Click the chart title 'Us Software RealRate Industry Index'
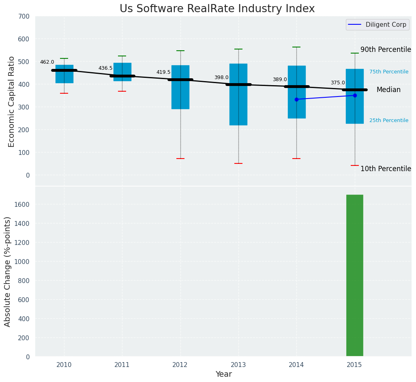pos(217,9)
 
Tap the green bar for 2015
pos(354,276)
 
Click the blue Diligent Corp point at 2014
pos(296,99)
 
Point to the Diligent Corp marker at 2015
pos(355,95)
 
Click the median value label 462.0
pos(47,62)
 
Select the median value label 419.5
pos(163,72)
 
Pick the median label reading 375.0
pos(338,83)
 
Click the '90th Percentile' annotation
pos(386,49)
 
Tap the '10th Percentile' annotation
pos(386,169)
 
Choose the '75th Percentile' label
pos(389,72)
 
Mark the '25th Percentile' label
pos(389,120)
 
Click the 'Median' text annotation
pos(388,90)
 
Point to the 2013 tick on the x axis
pos(238,365)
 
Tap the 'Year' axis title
pos(223,374)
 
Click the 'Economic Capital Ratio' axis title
pos(12,101)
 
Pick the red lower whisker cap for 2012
pos(180,159)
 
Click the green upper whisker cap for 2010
pos(64,58)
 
